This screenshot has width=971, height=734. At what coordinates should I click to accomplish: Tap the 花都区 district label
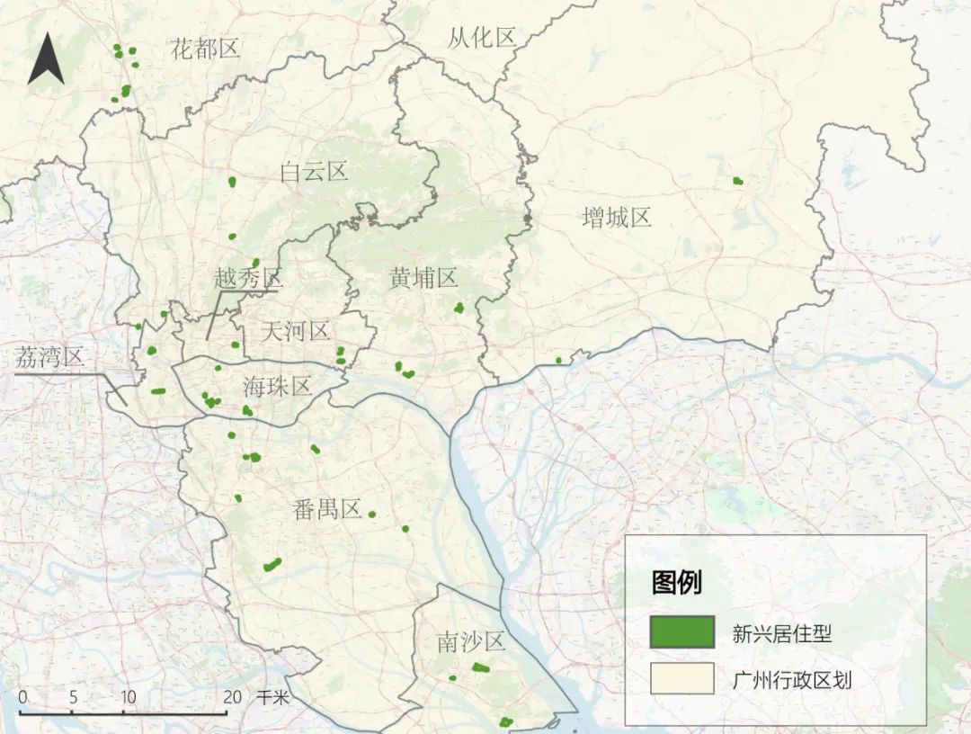click(205, 49)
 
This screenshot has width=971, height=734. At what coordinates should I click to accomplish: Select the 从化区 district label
click(482, 38)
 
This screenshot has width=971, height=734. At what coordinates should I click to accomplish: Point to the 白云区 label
click(314, 172)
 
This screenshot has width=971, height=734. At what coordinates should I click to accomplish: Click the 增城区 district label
click(616, 217)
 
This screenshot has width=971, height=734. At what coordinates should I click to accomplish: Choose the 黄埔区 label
click(423, 278)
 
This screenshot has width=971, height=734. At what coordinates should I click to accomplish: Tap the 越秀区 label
click(247, 278)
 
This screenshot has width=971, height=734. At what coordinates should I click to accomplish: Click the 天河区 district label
click(295, 331)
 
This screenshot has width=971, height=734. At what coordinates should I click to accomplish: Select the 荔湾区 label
click(49, 358)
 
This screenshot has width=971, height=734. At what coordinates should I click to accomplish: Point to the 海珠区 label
click(277, 387)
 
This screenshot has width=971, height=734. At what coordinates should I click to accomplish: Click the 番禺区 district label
click(326, 509)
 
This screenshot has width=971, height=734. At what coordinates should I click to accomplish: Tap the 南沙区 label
click(471, 642)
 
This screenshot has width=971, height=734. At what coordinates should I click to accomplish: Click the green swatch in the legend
click(682, 632)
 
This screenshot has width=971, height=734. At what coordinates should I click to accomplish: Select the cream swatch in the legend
click(682, 679)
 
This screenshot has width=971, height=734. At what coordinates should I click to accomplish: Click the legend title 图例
click(676, 583)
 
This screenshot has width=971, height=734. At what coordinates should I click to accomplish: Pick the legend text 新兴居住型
click(781, 633)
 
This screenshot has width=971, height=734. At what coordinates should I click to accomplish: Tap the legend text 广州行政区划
click(791, 680)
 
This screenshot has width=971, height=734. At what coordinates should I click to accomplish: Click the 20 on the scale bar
click(232, 696)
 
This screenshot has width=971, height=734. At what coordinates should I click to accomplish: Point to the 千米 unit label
click(273, 696)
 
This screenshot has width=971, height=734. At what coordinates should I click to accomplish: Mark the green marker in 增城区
click(737, 181)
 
